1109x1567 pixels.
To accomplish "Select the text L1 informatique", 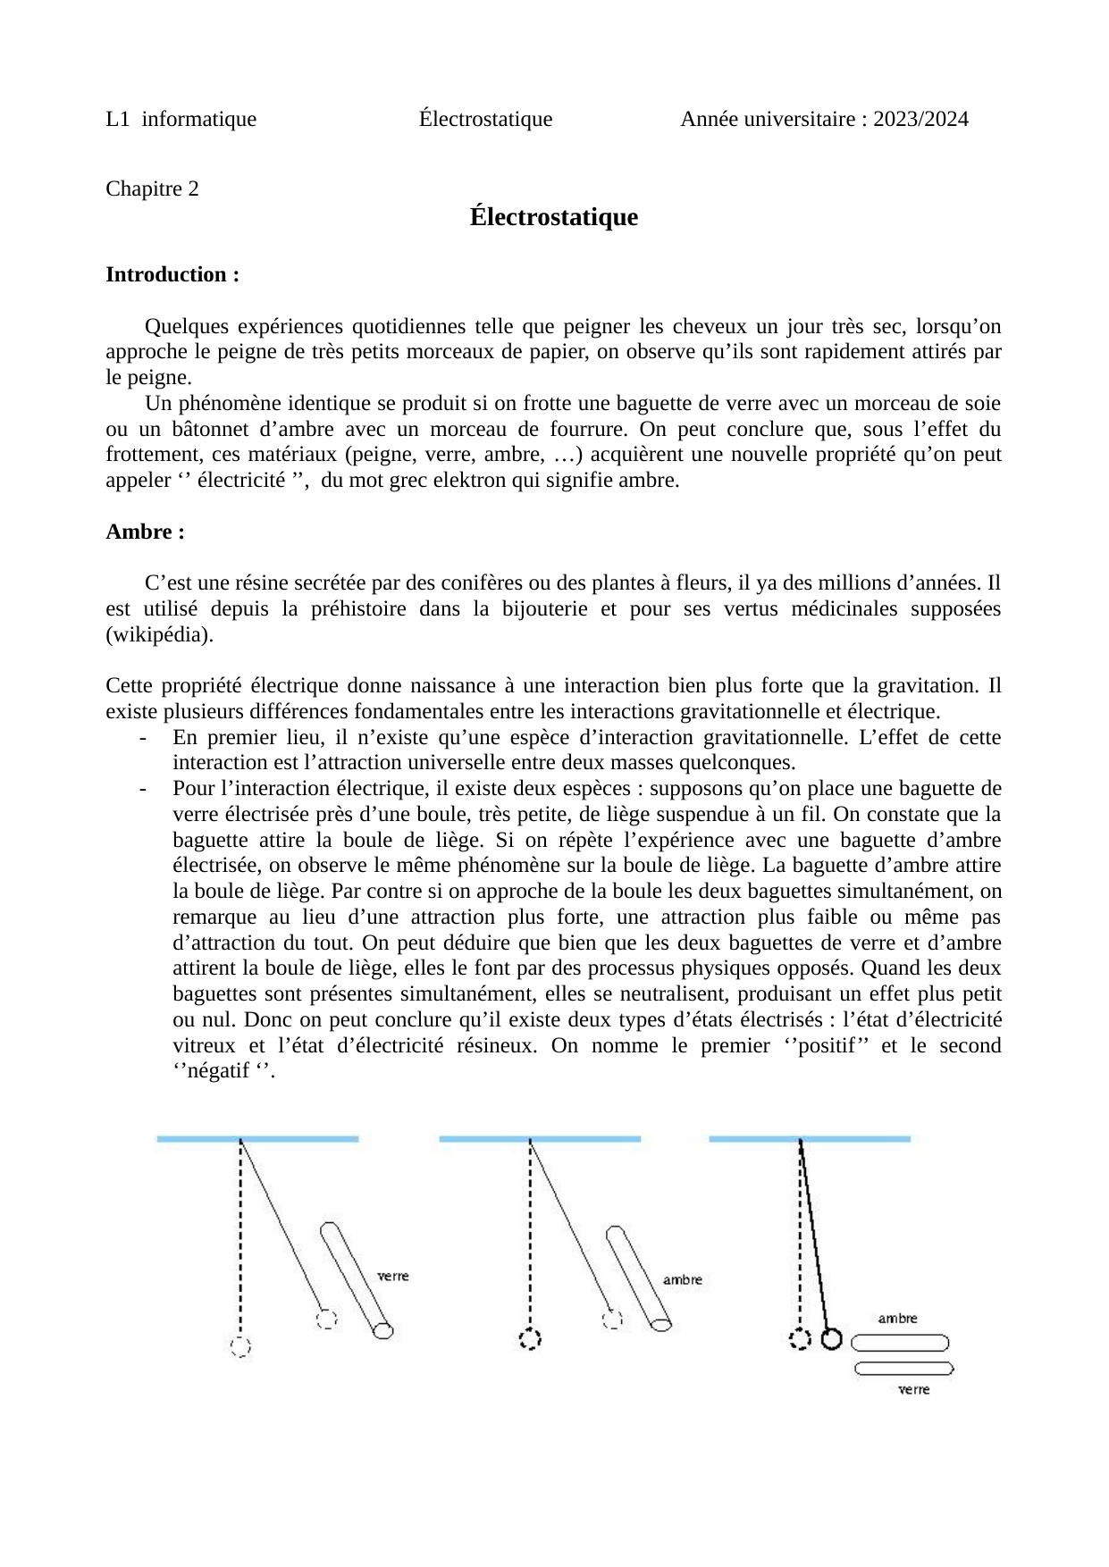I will pyautogui.click(x=181, y=119).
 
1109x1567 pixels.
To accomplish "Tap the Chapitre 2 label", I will pyautogui.click(x=152, y=189).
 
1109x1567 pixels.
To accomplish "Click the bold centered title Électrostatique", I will pyautogui.click(x=554, y=217).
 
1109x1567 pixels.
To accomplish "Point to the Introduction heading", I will pyautogui.click(x=172, y=274).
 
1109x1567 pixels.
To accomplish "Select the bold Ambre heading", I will pyautogui.click(x=145, y=532).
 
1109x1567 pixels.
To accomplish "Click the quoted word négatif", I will pyautogui.click(x=218, y=1071).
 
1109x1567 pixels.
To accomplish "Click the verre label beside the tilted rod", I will pyautogui.click(x=392, y=1276).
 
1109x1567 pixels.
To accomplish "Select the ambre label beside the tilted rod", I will pyautogui.click(x=682, y=1280).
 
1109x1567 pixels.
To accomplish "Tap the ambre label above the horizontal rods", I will pyautogui.click(x=897, y=1318).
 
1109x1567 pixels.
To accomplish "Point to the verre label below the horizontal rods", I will pyautogui.click(x=913, y=1389).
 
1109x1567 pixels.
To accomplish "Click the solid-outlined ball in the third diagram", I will pyautogui.click(x=832, y=1339).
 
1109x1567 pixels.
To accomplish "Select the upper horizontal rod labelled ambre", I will pyautogui.click(x=901, y=1343).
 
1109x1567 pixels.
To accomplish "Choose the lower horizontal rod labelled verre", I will pyautogui.click(x=903, y=1368).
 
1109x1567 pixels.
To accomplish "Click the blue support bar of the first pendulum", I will pyautogui.click(x=257, y=1139).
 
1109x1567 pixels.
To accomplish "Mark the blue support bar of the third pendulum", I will pyautogui.click(x=810, y=1139).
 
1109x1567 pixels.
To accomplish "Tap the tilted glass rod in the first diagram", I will pyautogui.click(x=356, y=1279).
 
